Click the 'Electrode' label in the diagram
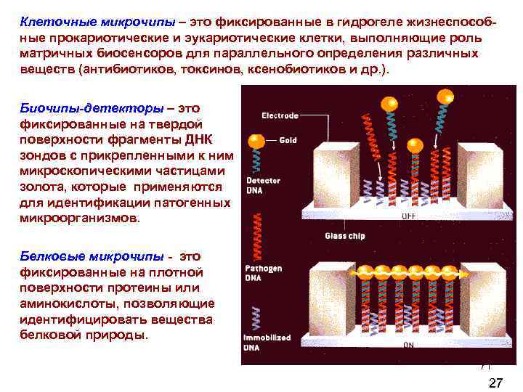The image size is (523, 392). [280, 115]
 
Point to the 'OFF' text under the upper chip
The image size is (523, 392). [409, 216]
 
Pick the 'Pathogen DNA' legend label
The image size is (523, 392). [264, 273]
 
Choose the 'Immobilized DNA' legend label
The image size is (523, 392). [268, 342]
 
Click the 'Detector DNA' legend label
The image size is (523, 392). [263, 184]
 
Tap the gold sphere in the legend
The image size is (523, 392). [256, 141]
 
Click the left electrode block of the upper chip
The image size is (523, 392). [335, 174]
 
